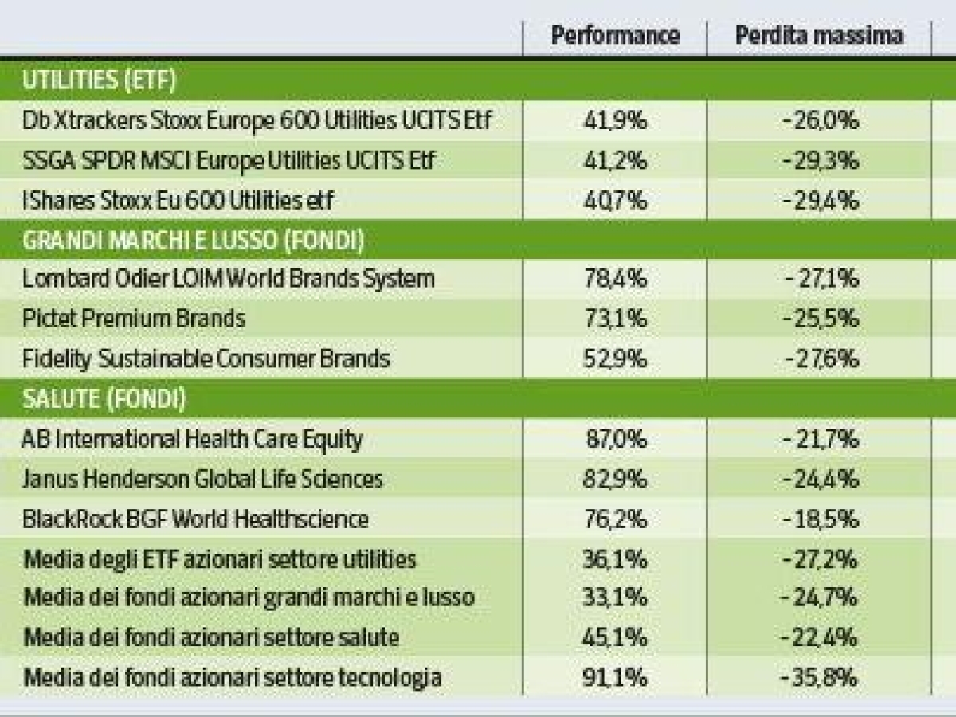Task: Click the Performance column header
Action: (615, 35)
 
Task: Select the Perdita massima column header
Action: (820, 35)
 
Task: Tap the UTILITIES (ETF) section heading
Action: (100, 80)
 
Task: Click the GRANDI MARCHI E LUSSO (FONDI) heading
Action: (194, 240)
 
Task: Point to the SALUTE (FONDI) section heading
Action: (104, 399)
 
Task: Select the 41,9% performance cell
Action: (615, 121)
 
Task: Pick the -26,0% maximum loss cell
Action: (820, 121)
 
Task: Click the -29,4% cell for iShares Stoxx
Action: (820, 201)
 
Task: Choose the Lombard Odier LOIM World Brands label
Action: (229, 280)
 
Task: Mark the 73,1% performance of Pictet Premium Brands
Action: (615, 319)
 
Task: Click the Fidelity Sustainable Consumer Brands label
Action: (206, 359)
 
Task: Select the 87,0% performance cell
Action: (615, 440)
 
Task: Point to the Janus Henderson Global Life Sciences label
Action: (203, 480)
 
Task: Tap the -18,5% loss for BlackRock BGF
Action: (820, 519)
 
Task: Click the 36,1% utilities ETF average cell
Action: (615, 559)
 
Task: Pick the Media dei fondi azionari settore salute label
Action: (212, 638)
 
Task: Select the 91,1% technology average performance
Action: (615, 679)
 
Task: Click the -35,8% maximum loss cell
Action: (820, 679)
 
